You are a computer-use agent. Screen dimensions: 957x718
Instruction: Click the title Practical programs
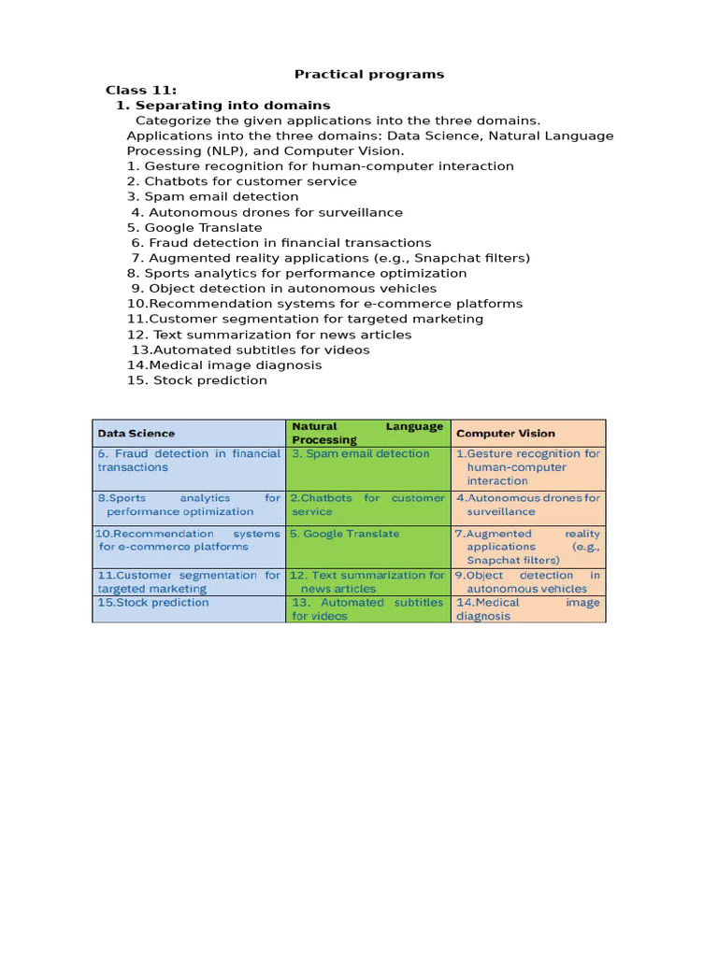point(369,74)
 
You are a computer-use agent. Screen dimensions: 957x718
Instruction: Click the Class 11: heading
point(141,90)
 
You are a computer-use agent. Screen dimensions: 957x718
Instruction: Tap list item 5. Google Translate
point(194,227)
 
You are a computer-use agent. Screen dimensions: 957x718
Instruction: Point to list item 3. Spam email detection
point(213,196)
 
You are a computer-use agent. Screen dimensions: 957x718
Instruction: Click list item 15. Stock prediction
point(197,380)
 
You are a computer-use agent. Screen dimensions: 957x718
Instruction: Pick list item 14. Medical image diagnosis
point(224,365)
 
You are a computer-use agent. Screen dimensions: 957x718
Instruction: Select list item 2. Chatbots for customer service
point(242,181)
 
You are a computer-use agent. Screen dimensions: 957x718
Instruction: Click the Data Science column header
point(136,434)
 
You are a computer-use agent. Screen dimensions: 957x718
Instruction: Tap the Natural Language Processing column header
point(367,433)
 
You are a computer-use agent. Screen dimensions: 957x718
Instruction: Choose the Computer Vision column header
point(505,434)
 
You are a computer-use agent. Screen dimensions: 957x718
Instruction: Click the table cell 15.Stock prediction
point(153,603)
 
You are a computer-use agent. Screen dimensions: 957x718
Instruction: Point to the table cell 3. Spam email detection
point(361,453)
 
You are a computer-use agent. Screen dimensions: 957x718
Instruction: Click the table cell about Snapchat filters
point(528,547)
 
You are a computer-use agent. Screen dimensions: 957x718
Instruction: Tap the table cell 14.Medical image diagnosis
point(528,609)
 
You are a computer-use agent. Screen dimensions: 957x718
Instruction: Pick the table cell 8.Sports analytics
point(188,505)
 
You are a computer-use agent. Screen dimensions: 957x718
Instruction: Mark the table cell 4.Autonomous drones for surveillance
point(528,505)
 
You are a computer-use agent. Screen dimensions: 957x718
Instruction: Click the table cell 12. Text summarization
point(367,582)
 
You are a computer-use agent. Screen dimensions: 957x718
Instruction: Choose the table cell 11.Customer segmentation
point(188,582)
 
